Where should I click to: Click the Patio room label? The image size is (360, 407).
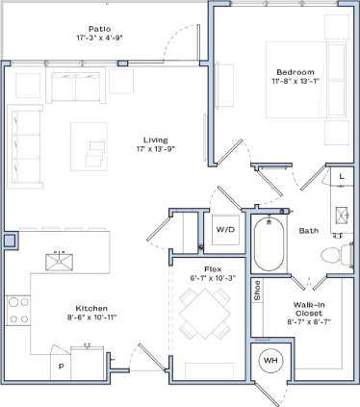[98, 30]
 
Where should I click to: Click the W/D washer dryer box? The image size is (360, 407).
[225, 230]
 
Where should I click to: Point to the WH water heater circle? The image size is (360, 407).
[270, 363]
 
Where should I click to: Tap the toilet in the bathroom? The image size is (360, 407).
[331, 256]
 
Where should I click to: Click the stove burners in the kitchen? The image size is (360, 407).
[17, 310]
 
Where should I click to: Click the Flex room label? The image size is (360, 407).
[214, 268]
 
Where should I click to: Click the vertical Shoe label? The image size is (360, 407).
[257, 290]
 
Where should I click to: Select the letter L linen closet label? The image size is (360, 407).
[341, 178]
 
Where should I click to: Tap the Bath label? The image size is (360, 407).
[308, 230]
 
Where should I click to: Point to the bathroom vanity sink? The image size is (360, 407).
[341, 214]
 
